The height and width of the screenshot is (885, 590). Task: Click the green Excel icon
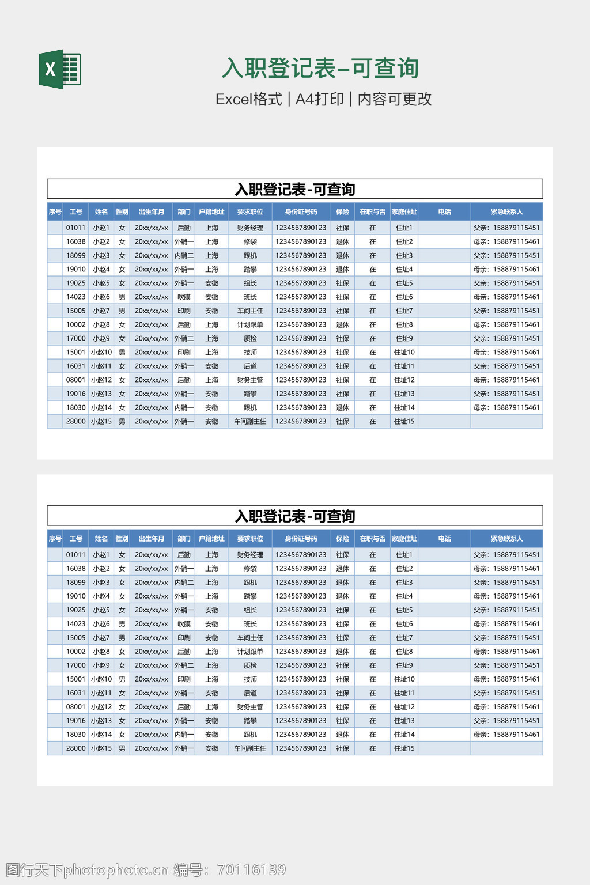[60, 69]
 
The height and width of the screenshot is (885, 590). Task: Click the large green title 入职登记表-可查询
[320, 68]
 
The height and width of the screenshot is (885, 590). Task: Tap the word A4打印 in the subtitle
[319, 99]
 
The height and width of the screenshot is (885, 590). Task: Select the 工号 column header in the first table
[76, 211]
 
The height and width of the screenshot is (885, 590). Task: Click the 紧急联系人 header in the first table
[506, 211]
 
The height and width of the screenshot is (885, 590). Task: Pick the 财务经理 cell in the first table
[250, 228]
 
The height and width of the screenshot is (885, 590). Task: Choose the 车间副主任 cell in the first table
[250, 421]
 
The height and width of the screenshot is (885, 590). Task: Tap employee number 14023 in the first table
[75, 297]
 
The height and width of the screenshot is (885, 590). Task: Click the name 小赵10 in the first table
[101, 352]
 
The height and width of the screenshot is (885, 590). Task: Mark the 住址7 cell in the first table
[404, 311]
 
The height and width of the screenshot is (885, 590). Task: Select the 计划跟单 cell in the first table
[250, 324]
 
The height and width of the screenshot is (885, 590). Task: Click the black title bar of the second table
[295, 516]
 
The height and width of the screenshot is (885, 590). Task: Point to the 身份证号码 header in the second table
[301, 539]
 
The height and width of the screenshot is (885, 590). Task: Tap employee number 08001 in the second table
[75, 707]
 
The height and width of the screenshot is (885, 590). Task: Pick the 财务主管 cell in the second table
[250, 707]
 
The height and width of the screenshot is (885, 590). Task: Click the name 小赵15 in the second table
[101, 748]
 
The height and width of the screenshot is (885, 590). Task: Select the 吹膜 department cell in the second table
[184, 624]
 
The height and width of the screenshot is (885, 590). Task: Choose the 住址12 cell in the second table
[404, 707]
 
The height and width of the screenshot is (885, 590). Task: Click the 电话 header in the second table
[444, 539]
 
